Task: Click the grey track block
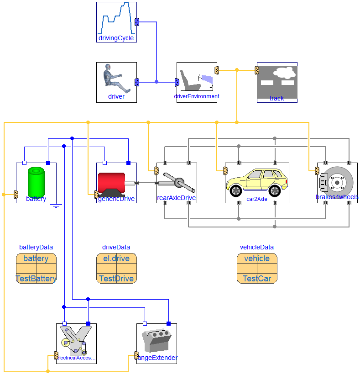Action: tap(277, 82)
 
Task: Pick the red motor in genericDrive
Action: tap(111, 181)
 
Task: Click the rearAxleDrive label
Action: tap(176, 198)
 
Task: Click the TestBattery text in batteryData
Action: tap(36, 279)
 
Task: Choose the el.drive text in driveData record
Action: tap(116, 259)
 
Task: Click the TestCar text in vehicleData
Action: tap(257, 279)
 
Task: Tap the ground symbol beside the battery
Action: tap(56, 206)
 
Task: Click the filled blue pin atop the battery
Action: tap(48, 163)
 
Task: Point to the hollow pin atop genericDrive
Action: tap(104, 163)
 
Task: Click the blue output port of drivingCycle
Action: tap(137, 21)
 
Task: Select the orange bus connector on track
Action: tap(257, 70)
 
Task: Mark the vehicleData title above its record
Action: tap(257, 247)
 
